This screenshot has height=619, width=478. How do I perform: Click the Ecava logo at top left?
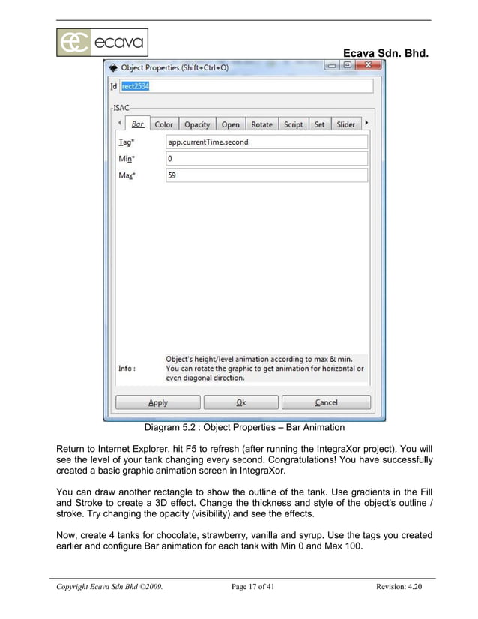102,43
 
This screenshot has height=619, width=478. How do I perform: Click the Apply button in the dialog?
158,402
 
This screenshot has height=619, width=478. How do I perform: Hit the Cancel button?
326,402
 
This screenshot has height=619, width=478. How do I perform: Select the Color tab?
163,124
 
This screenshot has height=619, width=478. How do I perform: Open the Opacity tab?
197,124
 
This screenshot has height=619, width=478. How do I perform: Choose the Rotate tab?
261,124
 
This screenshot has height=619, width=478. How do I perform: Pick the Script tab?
293,124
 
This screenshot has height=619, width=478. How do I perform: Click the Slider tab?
345,124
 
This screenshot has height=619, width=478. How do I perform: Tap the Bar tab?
137,124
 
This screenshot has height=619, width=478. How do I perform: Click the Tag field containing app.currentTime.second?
266,142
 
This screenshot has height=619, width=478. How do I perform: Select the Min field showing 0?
266,159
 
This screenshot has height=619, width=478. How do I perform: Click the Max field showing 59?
266,175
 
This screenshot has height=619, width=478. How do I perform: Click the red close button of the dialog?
367,66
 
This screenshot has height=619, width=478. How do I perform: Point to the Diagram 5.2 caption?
244,428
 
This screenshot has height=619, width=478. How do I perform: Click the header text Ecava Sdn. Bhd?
385,53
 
